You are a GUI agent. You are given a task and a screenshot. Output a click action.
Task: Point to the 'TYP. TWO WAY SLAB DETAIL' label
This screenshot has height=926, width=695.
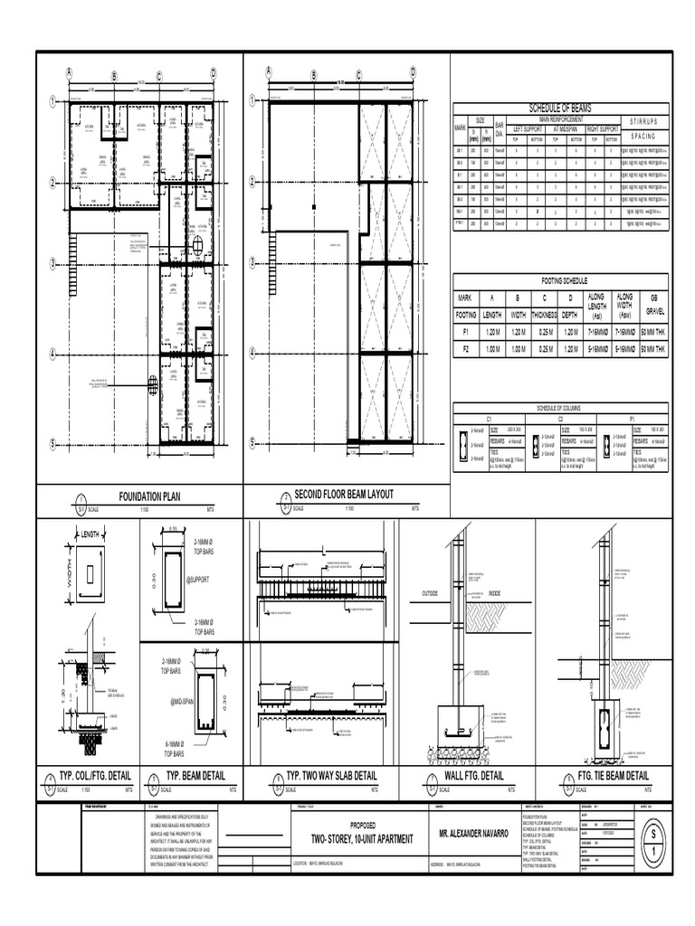(x=331, y=777)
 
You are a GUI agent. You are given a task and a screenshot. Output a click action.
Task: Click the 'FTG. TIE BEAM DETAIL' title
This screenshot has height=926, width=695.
(x=613, y=776)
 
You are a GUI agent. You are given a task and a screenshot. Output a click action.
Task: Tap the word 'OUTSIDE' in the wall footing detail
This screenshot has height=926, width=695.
(x=436, y=592)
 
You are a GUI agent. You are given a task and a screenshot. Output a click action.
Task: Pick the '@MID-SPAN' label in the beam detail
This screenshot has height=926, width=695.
(x=184, y=701)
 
